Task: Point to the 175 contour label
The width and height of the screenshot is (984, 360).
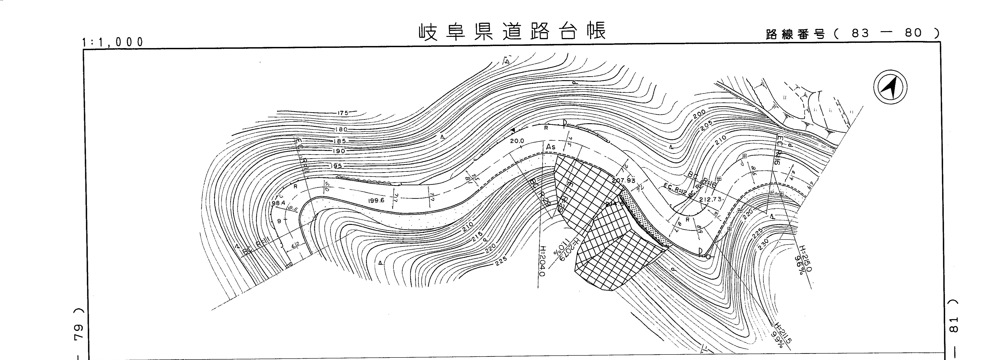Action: coord(343,113)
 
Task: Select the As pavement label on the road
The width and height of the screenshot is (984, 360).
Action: coord(550,147)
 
